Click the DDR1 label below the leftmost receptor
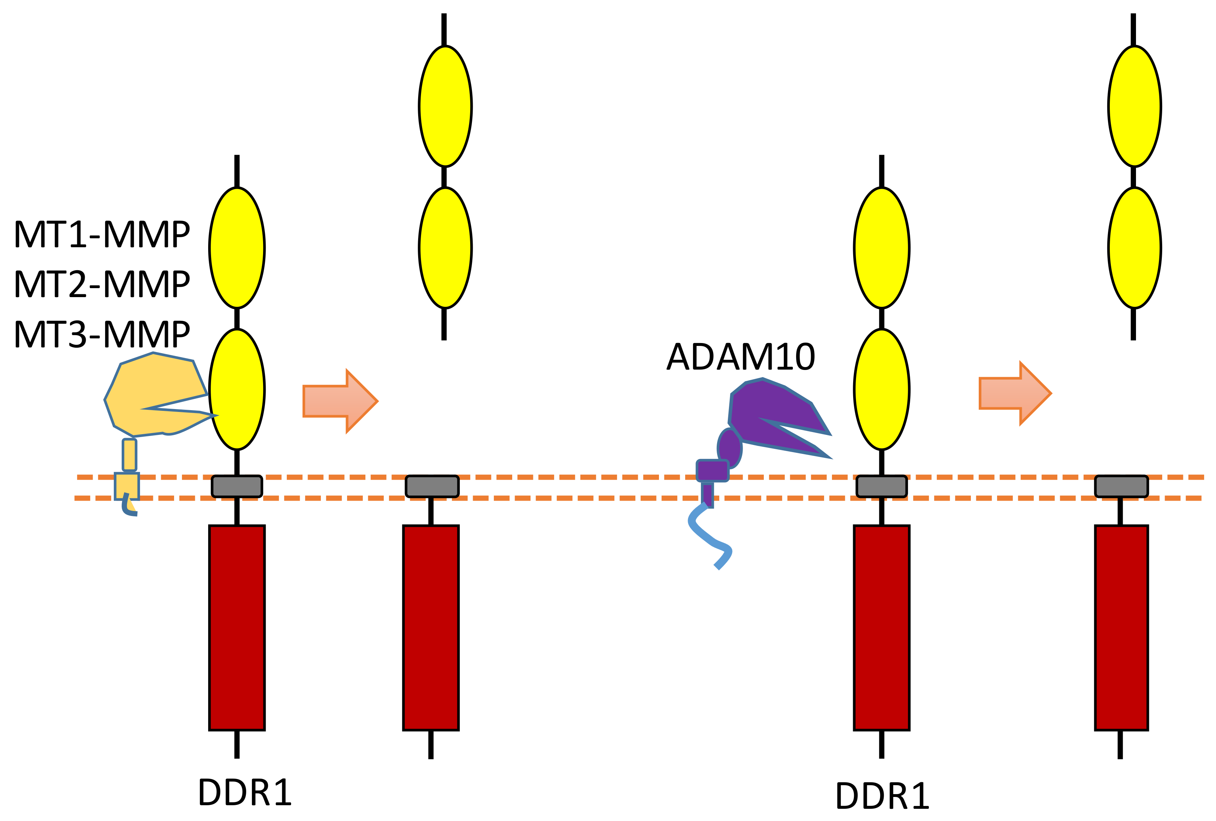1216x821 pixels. [244, 793]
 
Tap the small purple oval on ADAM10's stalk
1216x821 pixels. [729, 447]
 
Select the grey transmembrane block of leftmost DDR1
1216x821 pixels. [237, 486]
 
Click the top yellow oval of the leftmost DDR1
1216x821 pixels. [237, 248]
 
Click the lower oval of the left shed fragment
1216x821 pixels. [445, 248]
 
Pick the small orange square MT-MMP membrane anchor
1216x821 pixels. [127, 485]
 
